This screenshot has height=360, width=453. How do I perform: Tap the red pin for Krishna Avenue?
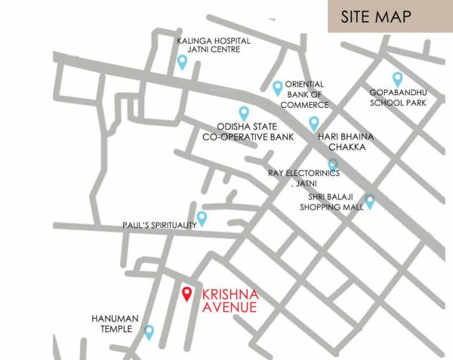[187, 294]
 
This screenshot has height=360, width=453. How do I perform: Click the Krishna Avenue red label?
[230, 300]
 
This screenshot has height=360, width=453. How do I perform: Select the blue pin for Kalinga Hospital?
[182, 63]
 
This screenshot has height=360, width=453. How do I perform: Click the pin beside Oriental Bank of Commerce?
[277, 88]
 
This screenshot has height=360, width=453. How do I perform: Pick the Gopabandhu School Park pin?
[397, 78]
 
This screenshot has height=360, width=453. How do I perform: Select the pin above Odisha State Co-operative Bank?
[243, 113]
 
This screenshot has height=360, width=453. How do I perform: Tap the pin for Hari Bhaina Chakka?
[314, 124]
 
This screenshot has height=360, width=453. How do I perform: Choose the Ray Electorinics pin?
[332, 165]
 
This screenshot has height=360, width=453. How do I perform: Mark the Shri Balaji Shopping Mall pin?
[370, 202]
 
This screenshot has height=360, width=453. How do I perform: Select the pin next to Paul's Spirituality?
[202, 219]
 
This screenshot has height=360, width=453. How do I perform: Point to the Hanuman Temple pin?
[149, 331]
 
